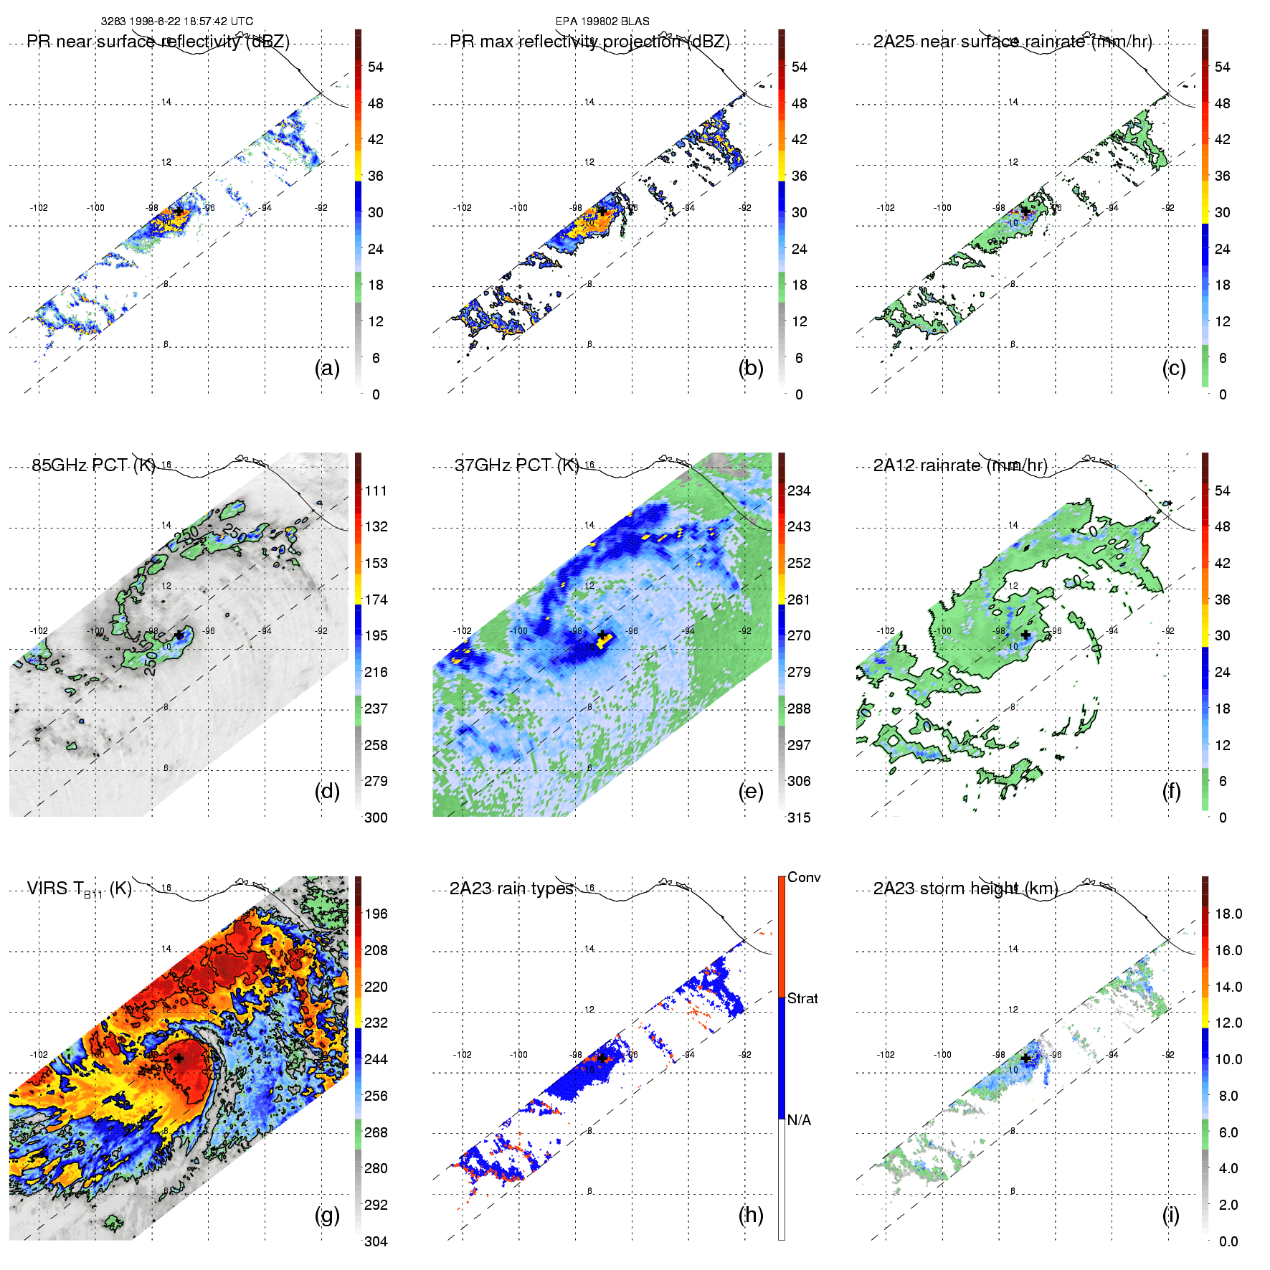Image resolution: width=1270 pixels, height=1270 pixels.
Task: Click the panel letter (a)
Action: coord(327,369)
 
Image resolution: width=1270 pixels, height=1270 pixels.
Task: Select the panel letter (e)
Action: coord(751,792)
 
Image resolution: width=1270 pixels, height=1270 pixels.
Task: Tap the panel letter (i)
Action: coord(1171,1215)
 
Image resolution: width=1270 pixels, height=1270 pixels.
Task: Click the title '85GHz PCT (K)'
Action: coord(93,465)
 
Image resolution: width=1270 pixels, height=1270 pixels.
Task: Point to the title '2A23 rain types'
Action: coord(511,888)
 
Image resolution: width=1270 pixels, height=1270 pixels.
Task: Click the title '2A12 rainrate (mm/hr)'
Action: coord(960,465)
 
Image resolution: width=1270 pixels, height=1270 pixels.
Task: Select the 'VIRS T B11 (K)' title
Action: coord(79,889)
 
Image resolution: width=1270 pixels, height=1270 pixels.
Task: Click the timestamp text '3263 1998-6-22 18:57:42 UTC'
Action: coord(176,22)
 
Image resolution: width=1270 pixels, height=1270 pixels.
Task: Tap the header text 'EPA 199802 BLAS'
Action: coord(602,22)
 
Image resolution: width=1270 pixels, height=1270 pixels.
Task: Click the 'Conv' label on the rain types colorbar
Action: coord(804,877)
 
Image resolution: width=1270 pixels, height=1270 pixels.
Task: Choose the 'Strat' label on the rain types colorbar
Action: coord(802,998)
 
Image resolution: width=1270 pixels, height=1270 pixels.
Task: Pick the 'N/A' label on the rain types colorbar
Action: coord(799,1120)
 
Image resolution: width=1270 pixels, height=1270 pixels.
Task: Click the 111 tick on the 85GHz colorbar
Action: coord(376,491)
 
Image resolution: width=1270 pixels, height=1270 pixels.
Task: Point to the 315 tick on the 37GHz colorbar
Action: coord(799,818)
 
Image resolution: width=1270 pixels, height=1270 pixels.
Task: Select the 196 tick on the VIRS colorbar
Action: coord(376,914)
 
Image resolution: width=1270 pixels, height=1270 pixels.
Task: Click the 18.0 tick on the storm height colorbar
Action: coord(1228,914)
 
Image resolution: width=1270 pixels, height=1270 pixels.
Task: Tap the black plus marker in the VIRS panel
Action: coord(179,1058)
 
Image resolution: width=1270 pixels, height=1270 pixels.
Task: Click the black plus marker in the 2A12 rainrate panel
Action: coord(1025,635)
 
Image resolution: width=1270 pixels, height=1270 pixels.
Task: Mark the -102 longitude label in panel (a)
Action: coord(39,207)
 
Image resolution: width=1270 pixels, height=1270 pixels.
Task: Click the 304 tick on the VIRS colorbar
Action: coord(376,1241)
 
